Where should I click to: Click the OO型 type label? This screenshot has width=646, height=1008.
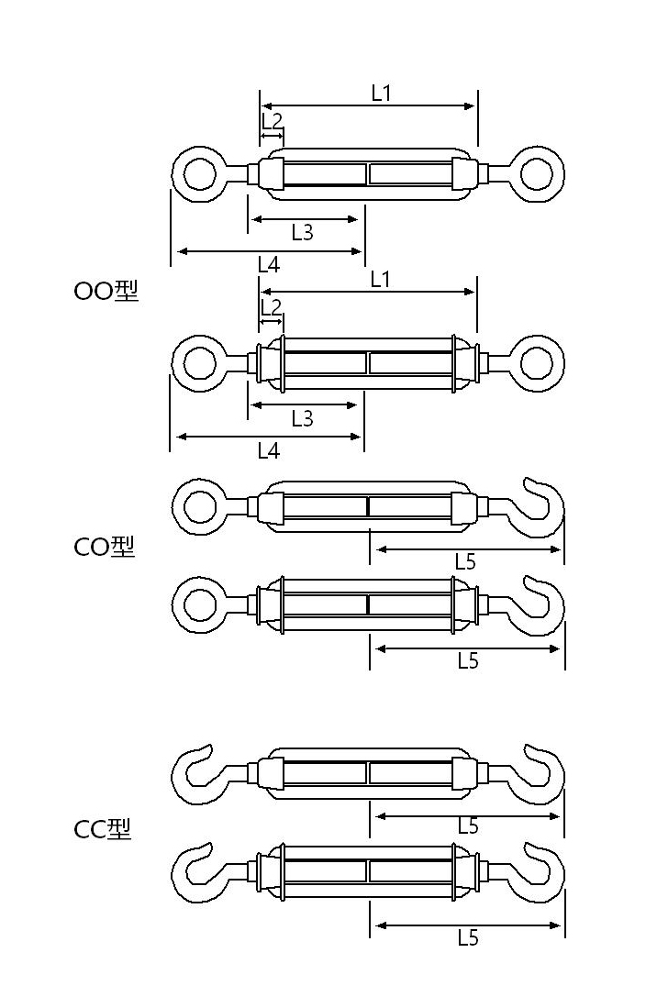click(106, 291)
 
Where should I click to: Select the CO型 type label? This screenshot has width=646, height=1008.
click(104, 547)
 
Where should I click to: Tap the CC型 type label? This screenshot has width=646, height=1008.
click(102, 829)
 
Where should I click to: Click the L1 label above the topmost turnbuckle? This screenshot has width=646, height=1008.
click(382, 93)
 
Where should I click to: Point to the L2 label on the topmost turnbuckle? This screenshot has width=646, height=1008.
click(272, 121)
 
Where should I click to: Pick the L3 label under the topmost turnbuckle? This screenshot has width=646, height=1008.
click(302, 232)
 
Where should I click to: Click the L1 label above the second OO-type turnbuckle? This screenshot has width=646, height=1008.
click(381, 279)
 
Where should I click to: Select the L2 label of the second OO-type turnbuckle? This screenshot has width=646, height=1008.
click(272, 306)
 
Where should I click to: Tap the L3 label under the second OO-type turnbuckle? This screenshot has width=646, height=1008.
click(302, 418)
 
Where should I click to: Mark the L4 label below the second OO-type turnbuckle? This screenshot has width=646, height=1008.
click(268, 449)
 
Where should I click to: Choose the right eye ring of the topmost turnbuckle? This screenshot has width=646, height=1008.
click(537, 172)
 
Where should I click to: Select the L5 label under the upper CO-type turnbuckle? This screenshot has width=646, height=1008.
click(465, 562)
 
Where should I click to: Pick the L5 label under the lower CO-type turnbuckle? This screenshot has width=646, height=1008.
click(468, 660)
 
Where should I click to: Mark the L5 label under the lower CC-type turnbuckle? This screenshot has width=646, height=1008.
click(468, 937)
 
